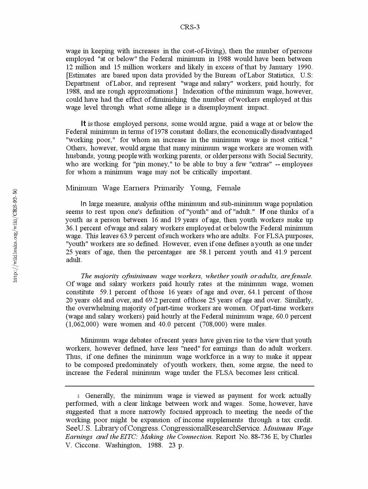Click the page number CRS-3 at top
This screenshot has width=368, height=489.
(190, 27)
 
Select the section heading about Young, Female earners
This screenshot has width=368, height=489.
(153, 188)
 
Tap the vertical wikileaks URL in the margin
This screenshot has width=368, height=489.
(15, 235)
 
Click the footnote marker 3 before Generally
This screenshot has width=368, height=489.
(78, 396)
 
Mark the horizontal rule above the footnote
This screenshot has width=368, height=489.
(190, 386)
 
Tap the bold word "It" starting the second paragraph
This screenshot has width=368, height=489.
(83, 124)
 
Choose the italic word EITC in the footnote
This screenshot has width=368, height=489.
(128, 437)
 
